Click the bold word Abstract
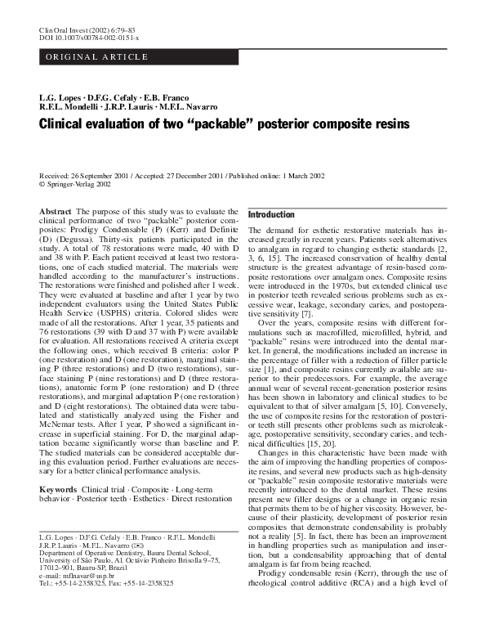[55, 211]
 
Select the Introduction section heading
[271, 214]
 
